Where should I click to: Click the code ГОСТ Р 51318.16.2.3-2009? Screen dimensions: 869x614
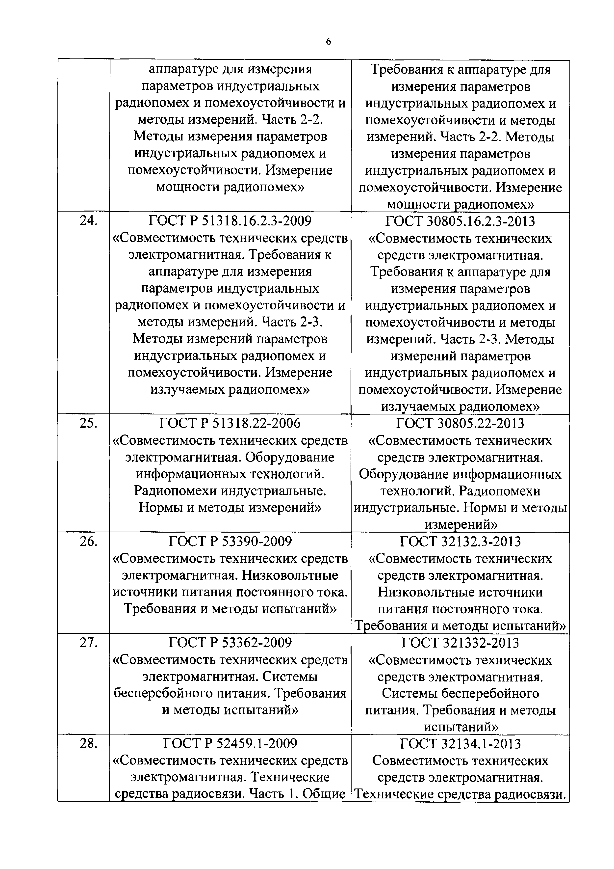[230, 221]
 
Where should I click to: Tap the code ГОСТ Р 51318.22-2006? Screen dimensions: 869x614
[230, 423]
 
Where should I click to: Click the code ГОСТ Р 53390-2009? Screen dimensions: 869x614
[230, 542]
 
